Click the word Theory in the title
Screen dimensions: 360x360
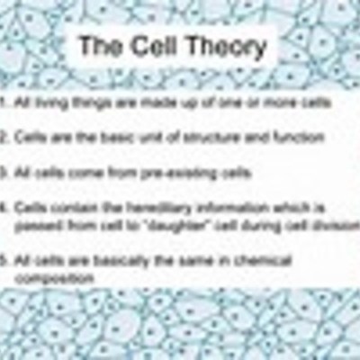point(225,47)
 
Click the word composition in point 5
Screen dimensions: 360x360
point(53,278)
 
